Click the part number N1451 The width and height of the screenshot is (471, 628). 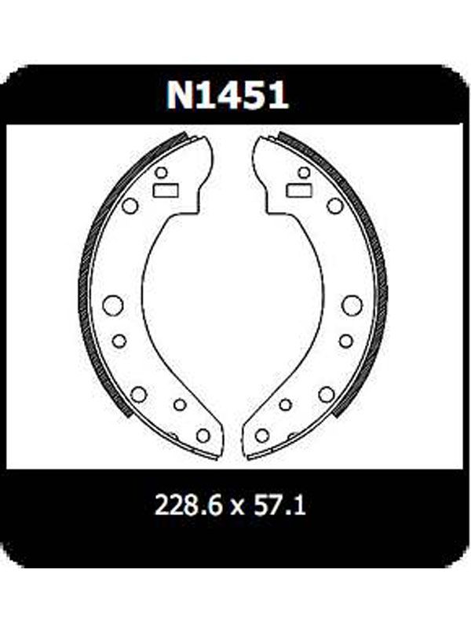coord(228,95)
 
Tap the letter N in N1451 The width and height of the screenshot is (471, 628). coord(179,95)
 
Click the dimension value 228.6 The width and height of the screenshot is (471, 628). coord(188,505)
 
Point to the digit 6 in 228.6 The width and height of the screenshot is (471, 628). coord(214,505)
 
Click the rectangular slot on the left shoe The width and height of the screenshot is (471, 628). coord(166,190)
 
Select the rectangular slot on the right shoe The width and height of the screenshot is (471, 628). coord(299,190)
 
